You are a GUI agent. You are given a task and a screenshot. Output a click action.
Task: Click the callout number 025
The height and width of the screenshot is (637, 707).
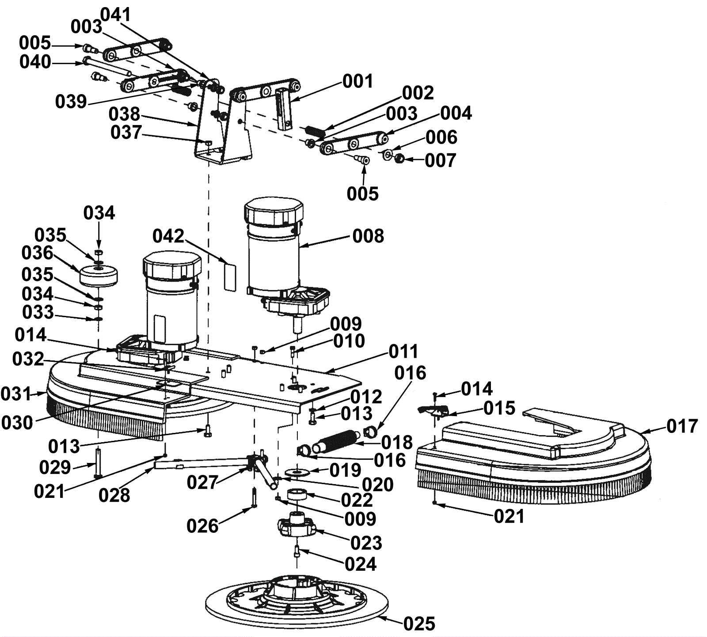tap(419, 624)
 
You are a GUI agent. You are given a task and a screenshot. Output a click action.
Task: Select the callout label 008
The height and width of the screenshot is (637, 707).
tap(368, 236)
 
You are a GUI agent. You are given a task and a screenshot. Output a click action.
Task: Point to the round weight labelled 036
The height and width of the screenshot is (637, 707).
tap(99, 276)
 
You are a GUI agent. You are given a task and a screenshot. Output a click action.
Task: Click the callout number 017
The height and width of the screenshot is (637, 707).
tap(682, 426)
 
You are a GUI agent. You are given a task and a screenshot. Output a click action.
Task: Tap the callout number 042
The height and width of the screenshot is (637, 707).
tap(168, 236)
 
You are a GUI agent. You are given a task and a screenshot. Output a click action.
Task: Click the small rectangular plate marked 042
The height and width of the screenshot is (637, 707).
tap(230, 277)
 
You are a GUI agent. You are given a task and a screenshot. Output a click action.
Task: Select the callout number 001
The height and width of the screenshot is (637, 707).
tap(358, 81)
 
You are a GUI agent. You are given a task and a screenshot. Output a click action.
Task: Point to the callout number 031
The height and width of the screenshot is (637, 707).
tap(16, 394)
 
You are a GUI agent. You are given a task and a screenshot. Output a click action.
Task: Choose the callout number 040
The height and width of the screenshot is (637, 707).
tap(35, 62)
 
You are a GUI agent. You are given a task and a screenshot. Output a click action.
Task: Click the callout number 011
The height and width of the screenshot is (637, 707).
tap(403, 352)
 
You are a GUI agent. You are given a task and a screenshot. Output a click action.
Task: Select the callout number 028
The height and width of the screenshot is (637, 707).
tap(114, 495)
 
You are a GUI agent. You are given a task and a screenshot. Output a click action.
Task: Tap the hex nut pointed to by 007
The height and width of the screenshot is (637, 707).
tap(399, 158)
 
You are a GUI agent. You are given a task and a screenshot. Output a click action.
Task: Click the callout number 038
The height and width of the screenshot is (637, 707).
tap(124, 114)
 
